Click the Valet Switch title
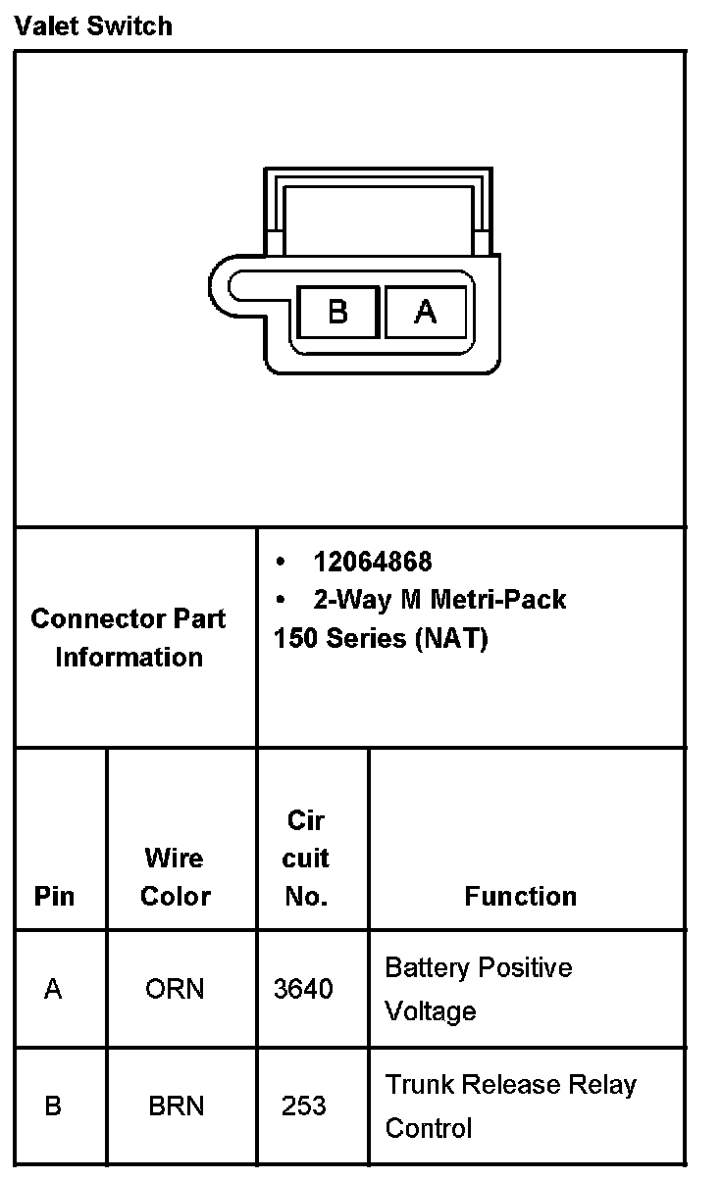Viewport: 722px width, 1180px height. [x=93, y=25]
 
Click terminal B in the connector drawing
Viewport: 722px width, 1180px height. [x=337, y=312]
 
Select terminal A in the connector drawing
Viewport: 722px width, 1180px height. [x=425, y=312]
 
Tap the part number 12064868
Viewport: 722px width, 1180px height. [x=372, y=562]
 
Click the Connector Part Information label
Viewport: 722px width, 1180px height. [x=129, y=638]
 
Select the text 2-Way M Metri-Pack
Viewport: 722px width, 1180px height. [x=438, y=599]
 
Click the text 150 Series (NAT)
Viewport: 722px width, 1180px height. [x=381, y=638]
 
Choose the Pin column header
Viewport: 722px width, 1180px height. [x=54, y=896]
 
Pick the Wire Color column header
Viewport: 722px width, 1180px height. [x=175, y=877]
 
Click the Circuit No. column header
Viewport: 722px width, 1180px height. [x=306, y=859]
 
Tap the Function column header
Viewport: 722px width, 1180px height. [x=521, y=896]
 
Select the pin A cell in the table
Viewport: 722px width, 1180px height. [x=53, y=989]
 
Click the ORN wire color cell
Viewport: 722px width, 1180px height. [x=175, y=989]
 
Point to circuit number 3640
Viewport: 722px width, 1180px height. [x=303, y=989]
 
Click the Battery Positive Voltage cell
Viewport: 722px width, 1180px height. [x=478, y=989]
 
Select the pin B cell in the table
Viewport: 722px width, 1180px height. [x=53, y=1106]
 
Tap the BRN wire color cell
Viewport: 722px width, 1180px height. [x=177, y=1106]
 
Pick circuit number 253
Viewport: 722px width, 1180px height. [x=303, y=1106]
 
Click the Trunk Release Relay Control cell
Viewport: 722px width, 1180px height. [x=510, y=1106]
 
